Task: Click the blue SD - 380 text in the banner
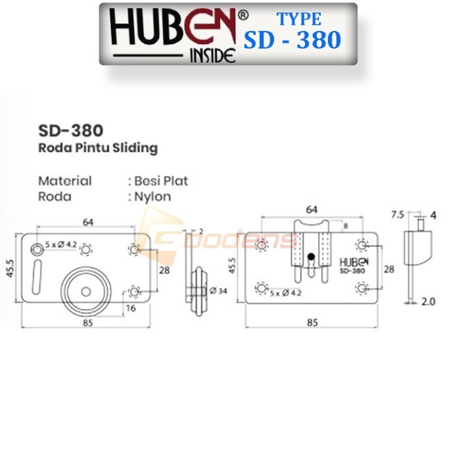point(292,41)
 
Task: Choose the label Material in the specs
point(65,181)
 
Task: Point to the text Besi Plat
point(161,181)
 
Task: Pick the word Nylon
point(153,196)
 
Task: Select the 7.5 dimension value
point(396,215)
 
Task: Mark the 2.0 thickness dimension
point(428,302)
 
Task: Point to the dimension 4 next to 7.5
point(433,215)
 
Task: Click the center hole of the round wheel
point(86,292)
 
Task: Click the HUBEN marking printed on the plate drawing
point(355,262)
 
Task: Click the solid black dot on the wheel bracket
point(312,257)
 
